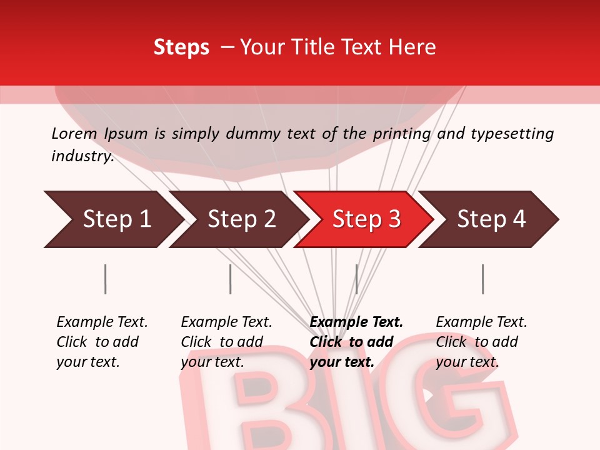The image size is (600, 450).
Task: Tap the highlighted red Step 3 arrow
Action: click(366, 219)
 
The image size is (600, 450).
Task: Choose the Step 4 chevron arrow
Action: click(491, 219)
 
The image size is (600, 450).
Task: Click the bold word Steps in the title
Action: click(181, 47)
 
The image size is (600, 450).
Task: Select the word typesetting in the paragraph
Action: click(512, 134)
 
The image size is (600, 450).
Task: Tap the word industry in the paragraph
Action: click(82, 156)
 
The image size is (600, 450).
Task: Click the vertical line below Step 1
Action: click(105, 279)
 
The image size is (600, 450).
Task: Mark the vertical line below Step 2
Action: click(230, 279)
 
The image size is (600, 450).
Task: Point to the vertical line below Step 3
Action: click(356, 279)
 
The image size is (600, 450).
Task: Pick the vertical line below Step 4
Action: click(482, 279)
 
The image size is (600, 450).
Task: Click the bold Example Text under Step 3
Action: click(356, 322)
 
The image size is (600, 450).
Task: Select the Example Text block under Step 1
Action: click(101, 342)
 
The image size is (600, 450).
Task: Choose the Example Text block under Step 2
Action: click(226, 342)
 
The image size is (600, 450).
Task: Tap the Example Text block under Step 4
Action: click(481, 342)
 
